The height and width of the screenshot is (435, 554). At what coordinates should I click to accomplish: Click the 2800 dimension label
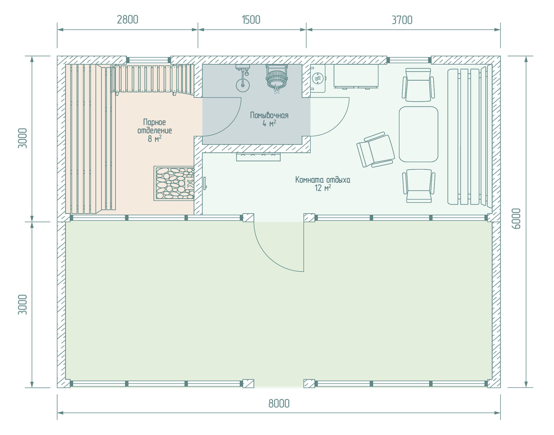[128, 20]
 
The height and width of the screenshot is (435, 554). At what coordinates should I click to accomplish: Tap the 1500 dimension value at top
[251, 20]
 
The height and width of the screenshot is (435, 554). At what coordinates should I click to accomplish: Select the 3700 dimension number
[402, 20]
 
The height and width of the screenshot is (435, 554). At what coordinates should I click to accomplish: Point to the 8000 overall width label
[279, 403]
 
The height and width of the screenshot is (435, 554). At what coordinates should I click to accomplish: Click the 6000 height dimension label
[517, 219]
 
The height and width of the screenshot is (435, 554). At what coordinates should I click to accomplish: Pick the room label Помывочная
[269, 115]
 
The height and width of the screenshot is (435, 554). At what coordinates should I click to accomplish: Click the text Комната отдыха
[323, 180]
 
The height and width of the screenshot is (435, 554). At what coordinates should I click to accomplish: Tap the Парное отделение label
[155, 126]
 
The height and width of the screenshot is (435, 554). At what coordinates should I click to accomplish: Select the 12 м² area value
[323, 188]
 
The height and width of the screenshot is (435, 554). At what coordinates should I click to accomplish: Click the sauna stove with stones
[174, 183]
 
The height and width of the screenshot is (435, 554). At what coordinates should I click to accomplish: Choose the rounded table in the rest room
[418, 134]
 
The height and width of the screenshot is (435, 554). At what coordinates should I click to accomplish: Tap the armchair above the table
[418, 85]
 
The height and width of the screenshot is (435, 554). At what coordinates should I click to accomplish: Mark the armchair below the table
[418, 186]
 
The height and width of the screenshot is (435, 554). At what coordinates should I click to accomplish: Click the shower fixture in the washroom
[243, 78]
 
